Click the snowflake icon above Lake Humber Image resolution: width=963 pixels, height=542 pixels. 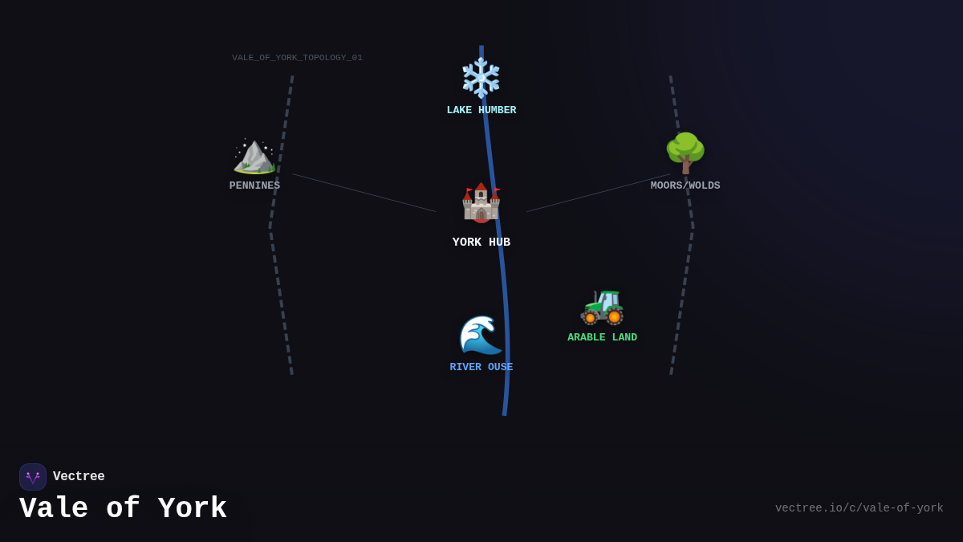point(481,78)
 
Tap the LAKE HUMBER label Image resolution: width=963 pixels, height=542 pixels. point(481,111)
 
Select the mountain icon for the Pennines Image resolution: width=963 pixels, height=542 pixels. point(254,155)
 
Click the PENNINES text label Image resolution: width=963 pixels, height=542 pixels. point(254,186)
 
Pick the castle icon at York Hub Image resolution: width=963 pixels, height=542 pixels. point(481,202)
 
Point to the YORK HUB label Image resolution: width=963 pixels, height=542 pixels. point(481,242)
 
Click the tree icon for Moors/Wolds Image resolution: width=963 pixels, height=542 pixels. point(685,153)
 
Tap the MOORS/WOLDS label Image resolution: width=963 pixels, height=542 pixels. point(685,186)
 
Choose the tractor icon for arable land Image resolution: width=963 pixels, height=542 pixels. point(602,306)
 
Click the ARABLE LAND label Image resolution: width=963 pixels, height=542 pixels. point(602,338)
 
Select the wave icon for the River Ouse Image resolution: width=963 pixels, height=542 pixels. point(481,335)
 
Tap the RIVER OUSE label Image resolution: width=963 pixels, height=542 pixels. point(481,368)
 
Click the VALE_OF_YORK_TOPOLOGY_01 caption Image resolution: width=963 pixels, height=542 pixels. point(297,58)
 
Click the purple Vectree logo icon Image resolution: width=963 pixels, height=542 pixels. point(33,477)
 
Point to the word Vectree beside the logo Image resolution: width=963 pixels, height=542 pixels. point(79,477)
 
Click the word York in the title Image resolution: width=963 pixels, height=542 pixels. point(193,509)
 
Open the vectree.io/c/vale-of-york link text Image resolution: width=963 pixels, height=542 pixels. point(859,508)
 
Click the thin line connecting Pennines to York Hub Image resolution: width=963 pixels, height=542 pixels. point(364,193)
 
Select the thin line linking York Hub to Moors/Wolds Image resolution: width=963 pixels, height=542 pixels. point(599,193)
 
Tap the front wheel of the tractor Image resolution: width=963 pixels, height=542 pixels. point(591,318)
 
